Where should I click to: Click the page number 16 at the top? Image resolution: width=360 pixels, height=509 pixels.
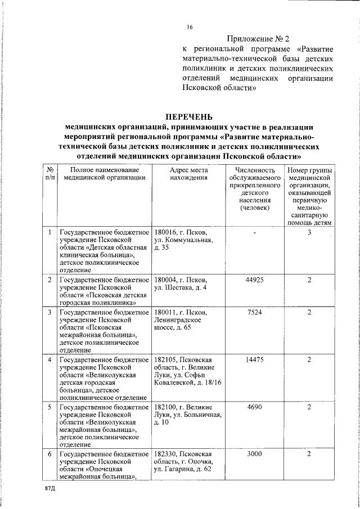tap(190, 28)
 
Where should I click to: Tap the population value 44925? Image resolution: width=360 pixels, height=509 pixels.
tap(255, 280)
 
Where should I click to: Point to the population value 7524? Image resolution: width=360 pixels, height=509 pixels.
tap(255, 312)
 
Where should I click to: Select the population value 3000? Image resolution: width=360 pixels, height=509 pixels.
tap(255, 454)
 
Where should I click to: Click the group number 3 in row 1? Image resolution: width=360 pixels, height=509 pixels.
tap(309, 232)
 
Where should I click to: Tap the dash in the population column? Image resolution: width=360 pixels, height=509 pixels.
tap(255, 232)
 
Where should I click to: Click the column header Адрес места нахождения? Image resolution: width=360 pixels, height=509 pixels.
tap(188, 174)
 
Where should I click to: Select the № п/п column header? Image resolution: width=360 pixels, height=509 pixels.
tap(49, 174)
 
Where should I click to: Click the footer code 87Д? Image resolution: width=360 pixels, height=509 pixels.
tap(50, 490)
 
